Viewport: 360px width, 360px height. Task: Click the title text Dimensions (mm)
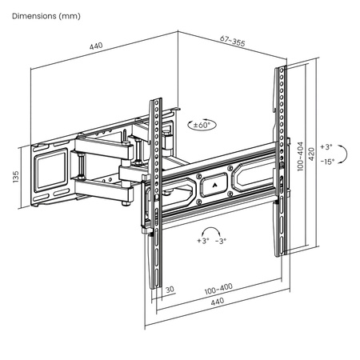(46, 16)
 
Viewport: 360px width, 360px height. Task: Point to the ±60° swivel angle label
(202, 126)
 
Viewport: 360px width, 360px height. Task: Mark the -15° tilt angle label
(326, 162)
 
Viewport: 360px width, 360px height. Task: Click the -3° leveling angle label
(219, 241)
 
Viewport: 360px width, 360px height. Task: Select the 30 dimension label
(170, 290)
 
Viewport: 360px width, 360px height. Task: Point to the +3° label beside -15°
(325, 147)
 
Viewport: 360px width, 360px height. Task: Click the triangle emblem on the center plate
(213, 181)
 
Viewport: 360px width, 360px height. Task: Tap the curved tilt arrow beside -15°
(342, 154)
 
